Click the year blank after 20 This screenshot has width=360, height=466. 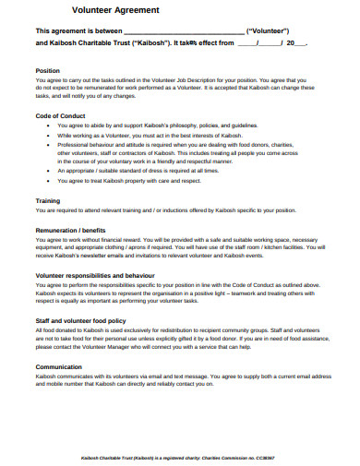(302, 42)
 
